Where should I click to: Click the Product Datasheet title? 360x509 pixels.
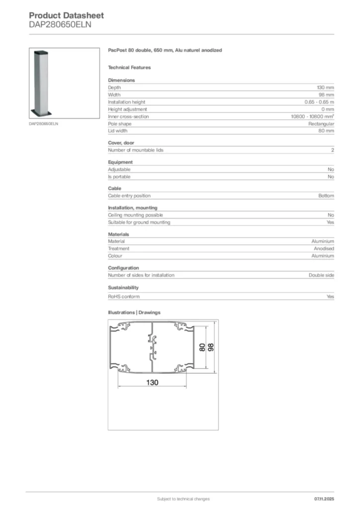click(67, 15)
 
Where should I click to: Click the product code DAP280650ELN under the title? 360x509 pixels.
click(60, 24)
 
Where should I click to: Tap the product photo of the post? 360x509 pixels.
click(40, 82)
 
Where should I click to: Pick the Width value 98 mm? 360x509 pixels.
click(326, 94)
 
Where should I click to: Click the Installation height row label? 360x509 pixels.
click(127, 102)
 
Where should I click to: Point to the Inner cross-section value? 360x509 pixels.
click(312, 116)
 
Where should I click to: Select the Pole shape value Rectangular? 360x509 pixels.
click(321, 124)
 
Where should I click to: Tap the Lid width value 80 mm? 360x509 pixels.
click(326, 131)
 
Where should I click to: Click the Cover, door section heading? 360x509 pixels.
click(121, 143)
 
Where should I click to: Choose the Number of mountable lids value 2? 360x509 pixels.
click(332, 150)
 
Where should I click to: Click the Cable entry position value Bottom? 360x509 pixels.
click(326, 196)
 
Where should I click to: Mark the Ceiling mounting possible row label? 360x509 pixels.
click(135, 215)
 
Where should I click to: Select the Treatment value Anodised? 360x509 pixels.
click(324, 249)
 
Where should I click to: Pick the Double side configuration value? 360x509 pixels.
click(321, 275)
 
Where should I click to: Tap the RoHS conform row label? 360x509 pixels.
click(124, 297)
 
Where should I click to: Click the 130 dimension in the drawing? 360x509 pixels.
click(152, 383)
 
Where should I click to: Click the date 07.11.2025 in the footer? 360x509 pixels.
click(324, 499)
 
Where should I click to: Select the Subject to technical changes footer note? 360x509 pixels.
click(183, 499)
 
